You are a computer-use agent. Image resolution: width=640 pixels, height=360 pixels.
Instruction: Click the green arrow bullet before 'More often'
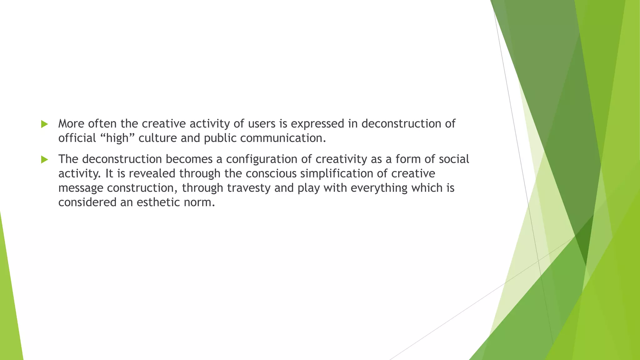click(44, 124)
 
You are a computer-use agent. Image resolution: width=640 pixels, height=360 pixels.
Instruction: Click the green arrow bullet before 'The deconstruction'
click(44, 160)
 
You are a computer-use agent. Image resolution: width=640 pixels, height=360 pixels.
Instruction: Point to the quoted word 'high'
click(117, 138)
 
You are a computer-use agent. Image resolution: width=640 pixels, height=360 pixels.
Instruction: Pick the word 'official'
click(77, 138)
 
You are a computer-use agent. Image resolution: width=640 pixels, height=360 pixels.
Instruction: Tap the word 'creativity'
click(341, 159)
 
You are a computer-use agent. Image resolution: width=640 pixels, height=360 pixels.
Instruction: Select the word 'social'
click(454, 159)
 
